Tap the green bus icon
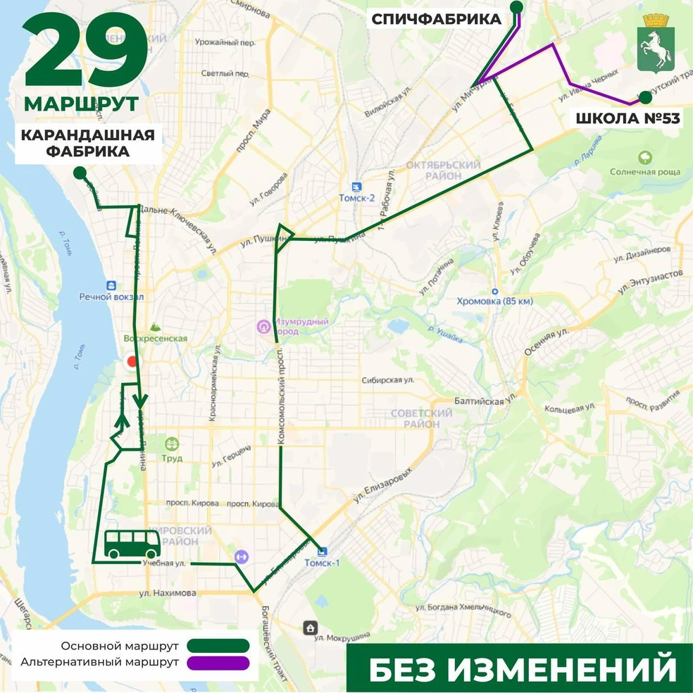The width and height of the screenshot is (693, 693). [131, 544]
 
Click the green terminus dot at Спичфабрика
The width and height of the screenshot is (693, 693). [516, 7]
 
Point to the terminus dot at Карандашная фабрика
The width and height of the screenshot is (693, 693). [80, 173]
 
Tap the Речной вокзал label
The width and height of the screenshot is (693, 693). [111, 297]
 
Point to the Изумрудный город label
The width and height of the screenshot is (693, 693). [302, 326]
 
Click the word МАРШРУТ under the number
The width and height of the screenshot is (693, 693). [81, 104]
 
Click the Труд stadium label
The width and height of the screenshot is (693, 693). [171, 458]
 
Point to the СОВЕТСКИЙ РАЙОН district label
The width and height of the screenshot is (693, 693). [423, 418]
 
